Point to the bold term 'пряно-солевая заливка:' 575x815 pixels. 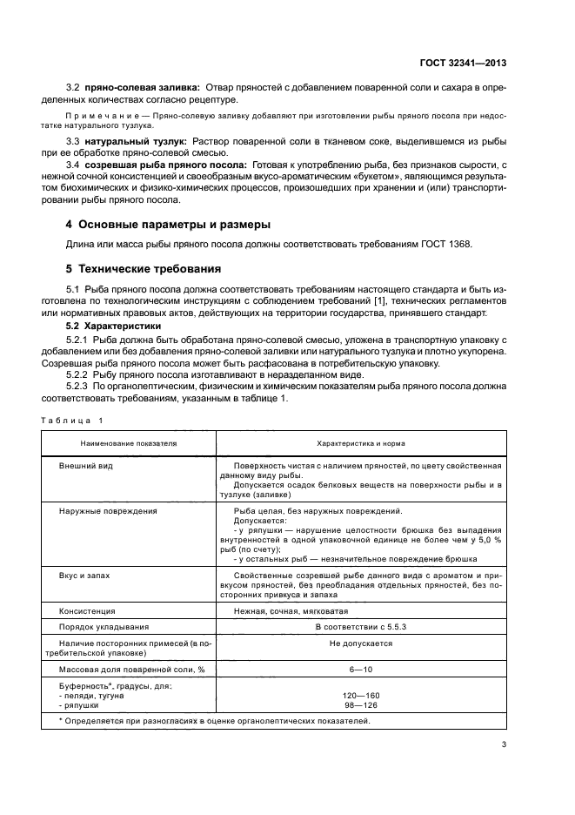pos(142,88)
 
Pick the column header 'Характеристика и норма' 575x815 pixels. pos(361,442)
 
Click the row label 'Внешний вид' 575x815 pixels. pos(85,466)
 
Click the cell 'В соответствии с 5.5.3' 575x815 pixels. pos(361,626)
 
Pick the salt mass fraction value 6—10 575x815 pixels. pos(361,669)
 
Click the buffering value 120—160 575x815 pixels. pos(361,695)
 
